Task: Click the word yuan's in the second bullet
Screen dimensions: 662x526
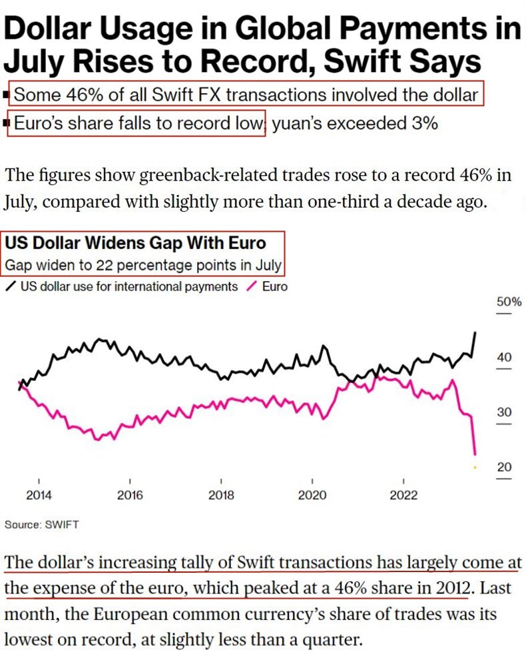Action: pos(300,123)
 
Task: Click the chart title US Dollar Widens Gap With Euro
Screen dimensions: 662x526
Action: pos(135,242)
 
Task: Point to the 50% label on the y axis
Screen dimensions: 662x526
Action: pos(509,302)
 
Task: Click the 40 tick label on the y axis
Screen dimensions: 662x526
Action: pos(504,358)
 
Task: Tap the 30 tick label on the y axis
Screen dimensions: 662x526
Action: pos(504,412)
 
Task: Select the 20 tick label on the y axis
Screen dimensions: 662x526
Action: pos(504,467)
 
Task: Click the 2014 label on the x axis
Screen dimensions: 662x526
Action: pos(39,495)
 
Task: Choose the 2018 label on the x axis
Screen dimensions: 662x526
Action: pos(221,495)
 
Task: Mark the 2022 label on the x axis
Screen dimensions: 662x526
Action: pos(403,495)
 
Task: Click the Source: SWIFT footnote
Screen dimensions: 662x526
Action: pos(41,525)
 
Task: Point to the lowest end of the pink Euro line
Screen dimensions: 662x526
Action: pos(475,454)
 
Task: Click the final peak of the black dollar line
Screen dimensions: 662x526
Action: pos(475,332)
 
